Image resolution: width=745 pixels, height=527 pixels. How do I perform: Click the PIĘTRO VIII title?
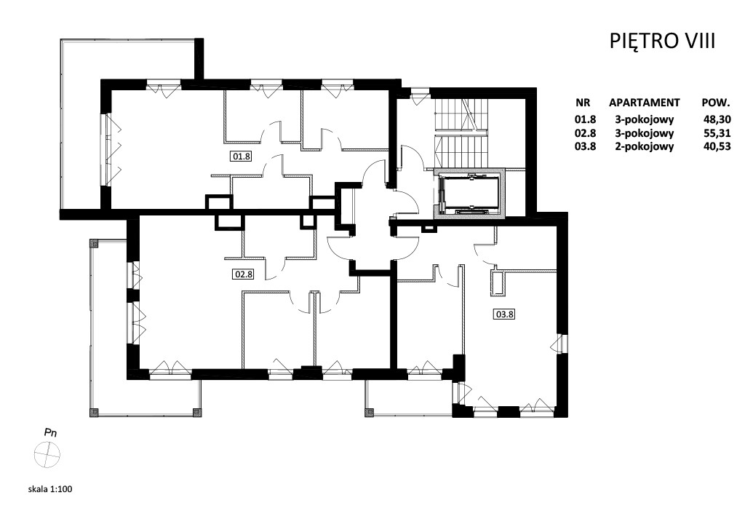(x=662, y=41)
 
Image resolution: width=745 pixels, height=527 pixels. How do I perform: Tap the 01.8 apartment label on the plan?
(x=242, y=156)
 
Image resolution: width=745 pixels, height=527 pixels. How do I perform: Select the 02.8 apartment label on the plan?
(x=243, y=274)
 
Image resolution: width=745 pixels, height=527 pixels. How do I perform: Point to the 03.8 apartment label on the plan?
(x=505, y=314)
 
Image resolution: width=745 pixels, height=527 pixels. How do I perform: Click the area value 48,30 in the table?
(x=717, y=119)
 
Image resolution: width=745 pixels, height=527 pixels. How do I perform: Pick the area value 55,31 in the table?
(x=717, y=133)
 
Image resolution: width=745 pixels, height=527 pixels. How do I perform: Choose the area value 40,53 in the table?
(x=717, y=146)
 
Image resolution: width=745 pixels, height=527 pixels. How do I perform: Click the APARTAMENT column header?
(x=645, y=103)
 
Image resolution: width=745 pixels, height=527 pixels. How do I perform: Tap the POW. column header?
(x=716, y=103)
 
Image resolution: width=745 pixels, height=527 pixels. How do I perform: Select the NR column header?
(x=583, y=103)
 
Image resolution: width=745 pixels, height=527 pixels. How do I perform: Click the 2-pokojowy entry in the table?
(x=645, y=146)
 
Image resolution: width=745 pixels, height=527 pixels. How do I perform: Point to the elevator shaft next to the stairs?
(x=470, y=193)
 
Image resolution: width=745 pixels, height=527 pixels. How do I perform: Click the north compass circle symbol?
(x=47, y=454)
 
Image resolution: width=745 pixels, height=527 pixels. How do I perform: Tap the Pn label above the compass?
(x=50, y=432)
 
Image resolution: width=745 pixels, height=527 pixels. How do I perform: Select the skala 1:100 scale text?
(x=50, y=488)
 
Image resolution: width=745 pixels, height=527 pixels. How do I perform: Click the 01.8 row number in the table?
(x=586, y=119)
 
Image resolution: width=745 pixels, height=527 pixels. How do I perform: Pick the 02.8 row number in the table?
(x=586, y=133)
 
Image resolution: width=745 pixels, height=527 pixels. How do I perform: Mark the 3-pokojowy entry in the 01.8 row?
(x=645, y=119)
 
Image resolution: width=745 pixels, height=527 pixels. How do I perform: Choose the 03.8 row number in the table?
(x=586, y=146)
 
